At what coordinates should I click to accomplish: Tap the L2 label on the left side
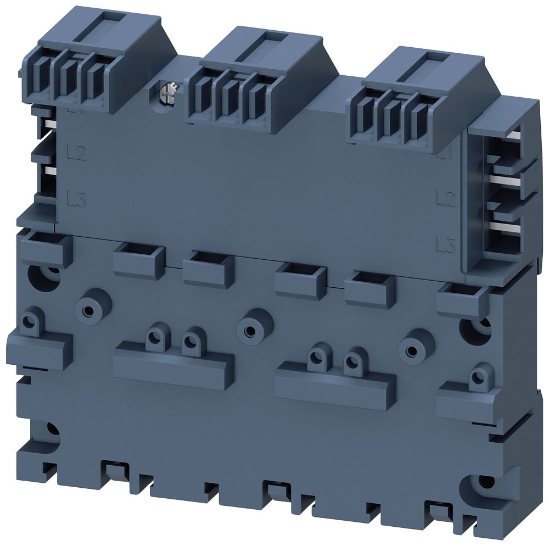(x=75, y=153)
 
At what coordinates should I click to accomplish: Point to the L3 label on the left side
(x=75, y=197)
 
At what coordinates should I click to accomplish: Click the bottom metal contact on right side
(x=513, y=226)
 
